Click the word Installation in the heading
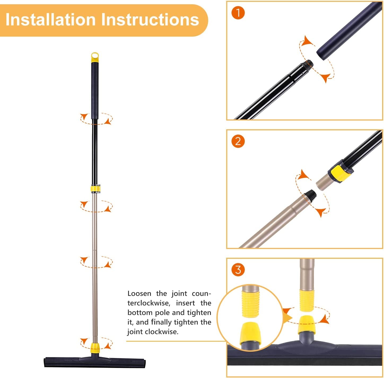click(50, 20)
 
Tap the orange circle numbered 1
click(238, 13)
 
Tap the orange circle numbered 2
click(238, 141)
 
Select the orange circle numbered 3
click(238, 270)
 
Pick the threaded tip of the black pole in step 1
click(308, 64)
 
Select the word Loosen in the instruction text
click(139, 294)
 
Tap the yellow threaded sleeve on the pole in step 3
click(307, 300)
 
